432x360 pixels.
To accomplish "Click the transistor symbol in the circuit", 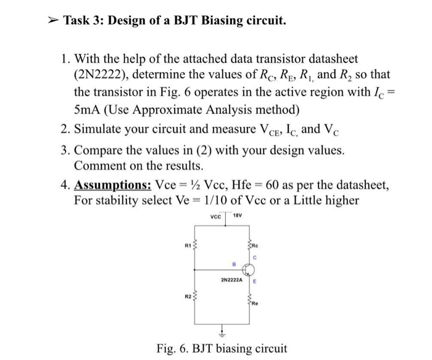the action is (249, 269).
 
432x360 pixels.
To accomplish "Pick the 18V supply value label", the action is (237, 217).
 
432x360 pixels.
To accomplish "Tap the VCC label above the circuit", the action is (215, 217).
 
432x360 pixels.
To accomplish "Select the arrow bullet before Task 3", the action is (52, 22).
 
